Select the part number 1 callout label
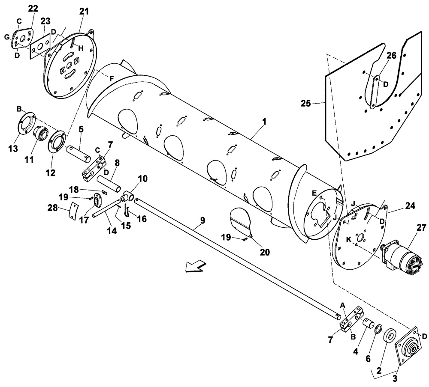265,122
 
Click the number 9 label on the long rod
202,220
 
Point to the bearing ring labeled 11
42,133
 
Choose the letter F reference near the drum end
112,78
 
